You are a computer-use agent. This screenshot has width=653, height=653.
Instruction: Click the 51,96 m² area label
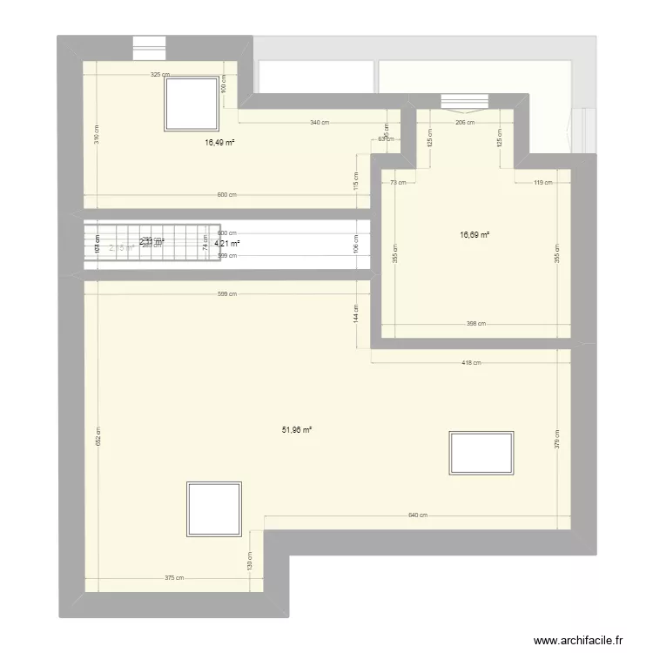(x=298, y=429)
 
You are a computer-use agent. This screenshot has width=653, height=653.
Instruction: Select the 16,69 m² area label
(x=475, y=234)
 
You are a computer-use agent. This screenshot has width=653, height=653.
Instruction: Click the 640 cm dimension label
(x=417, y=515)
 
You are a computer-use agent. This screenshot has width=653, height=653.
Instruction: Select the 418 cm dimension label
(x=471, y=363)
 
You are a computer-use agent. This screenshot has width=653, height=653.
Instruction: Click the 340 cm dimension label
(x=320, y=123)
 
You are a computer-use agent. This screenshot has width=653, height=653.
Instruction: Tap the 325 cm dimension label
(x=160, y=75)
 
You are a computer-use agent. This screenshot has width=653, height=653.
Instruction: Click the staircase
(x=148, y=243)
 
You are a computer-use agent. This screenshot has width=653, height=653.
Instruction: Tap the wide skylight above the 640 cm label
(x=480, y=453)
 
